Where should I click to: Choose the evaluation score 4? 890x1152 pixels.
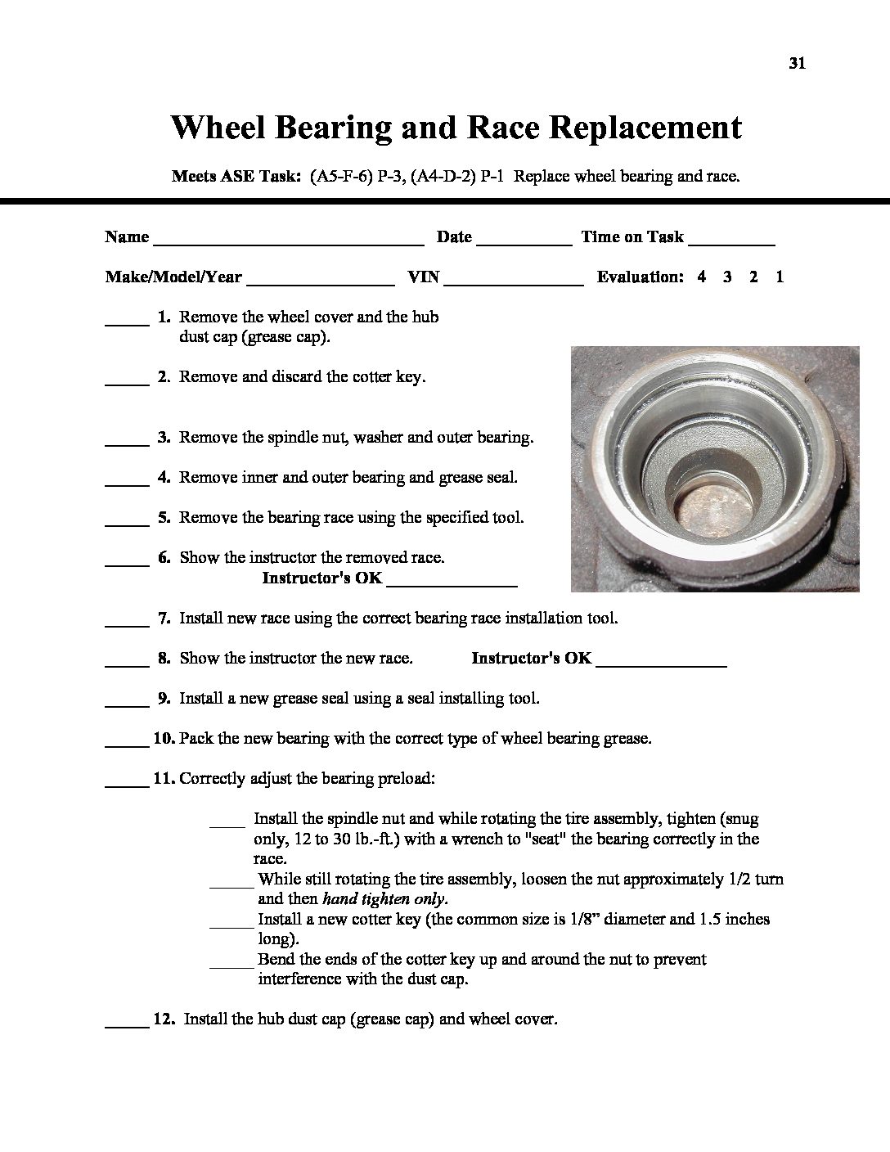coord(701,277)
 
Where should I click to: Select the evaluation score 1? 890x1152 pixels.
coord(780,277)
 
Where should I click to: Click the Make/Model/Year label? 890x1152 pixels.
coord(173,277)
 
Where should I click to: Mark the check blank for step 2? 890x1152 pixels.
coord(127,382)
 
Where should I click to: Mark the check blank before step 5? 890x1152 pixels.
coord(127,523)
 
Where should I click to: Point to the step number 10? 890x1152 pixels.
coord(164,738)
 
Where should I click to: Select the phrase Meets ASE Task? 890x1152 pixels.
coord(236,176)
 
